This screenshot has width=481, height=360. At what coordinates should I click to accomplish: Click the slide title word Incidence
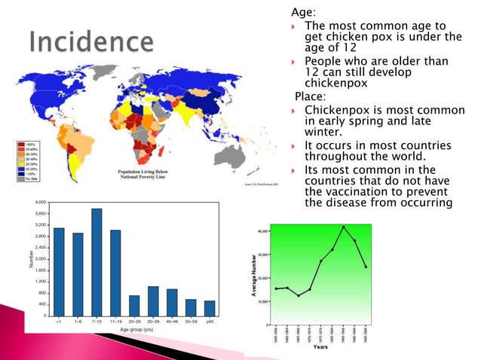pyautogui.click(x=92, y=42)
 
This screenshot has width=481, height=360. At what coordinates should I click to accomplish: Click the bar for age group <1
pyautogui.click(x=59, y=271)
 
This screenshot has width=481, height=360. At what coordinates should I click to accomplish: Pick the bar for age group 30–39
pyautogui.click(x=153, y=301)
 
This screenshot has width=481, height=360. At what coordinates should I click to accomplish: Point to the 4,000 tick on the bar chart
pyautogui.click(x=40, y=203)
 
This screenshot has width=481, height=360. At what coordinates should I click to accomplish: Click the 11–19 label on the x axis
pyautogui.click(x=115, y=322)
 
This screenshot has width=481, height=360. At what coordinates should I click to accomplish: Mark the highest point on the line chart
pyautogui.click(x=343, y=227)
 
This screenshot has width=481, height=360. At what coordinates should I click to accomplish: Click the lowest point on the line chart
pyautogui.click(x=299, y=295)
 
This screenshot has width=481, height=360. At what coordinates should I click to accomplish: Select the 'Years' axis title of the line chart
pyautogui.click(x=320, y=347)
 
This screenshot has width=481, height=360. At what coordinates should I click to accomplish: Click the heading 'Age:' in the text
pyautogui.click(x=303, y=12)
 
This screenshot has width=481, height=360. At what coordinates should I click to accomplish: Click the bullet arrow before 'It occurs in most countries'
pyautogui.click(x=296, y=145)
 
